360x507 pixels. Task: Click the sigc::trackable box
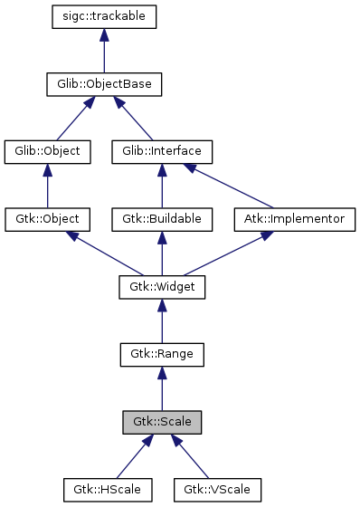pos(105,16)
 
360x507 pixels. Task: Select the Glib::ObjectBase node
pos(105,84)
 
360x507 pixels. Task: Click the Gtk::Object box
pos(48,219)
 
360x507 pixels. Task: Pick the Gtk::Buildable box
pos(162,219)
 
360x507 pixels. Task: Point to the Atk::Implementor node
pos(294,219)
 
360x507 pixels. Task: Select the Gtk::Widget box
pos(162,287)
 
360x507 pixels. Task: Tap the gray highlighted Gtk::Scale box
pos(162,422)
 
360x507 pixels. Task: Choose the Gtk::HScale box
pos(108,490)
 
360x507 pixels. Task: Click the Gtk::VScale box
pos(218,490)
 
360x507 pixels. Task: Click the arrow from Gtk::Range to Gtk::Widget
pos(162,321)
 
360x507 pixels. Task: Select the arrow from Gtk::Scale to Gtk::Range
pos(162,389)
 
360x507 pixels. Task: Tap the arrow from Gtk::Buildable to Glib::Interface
pos(162,186)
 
